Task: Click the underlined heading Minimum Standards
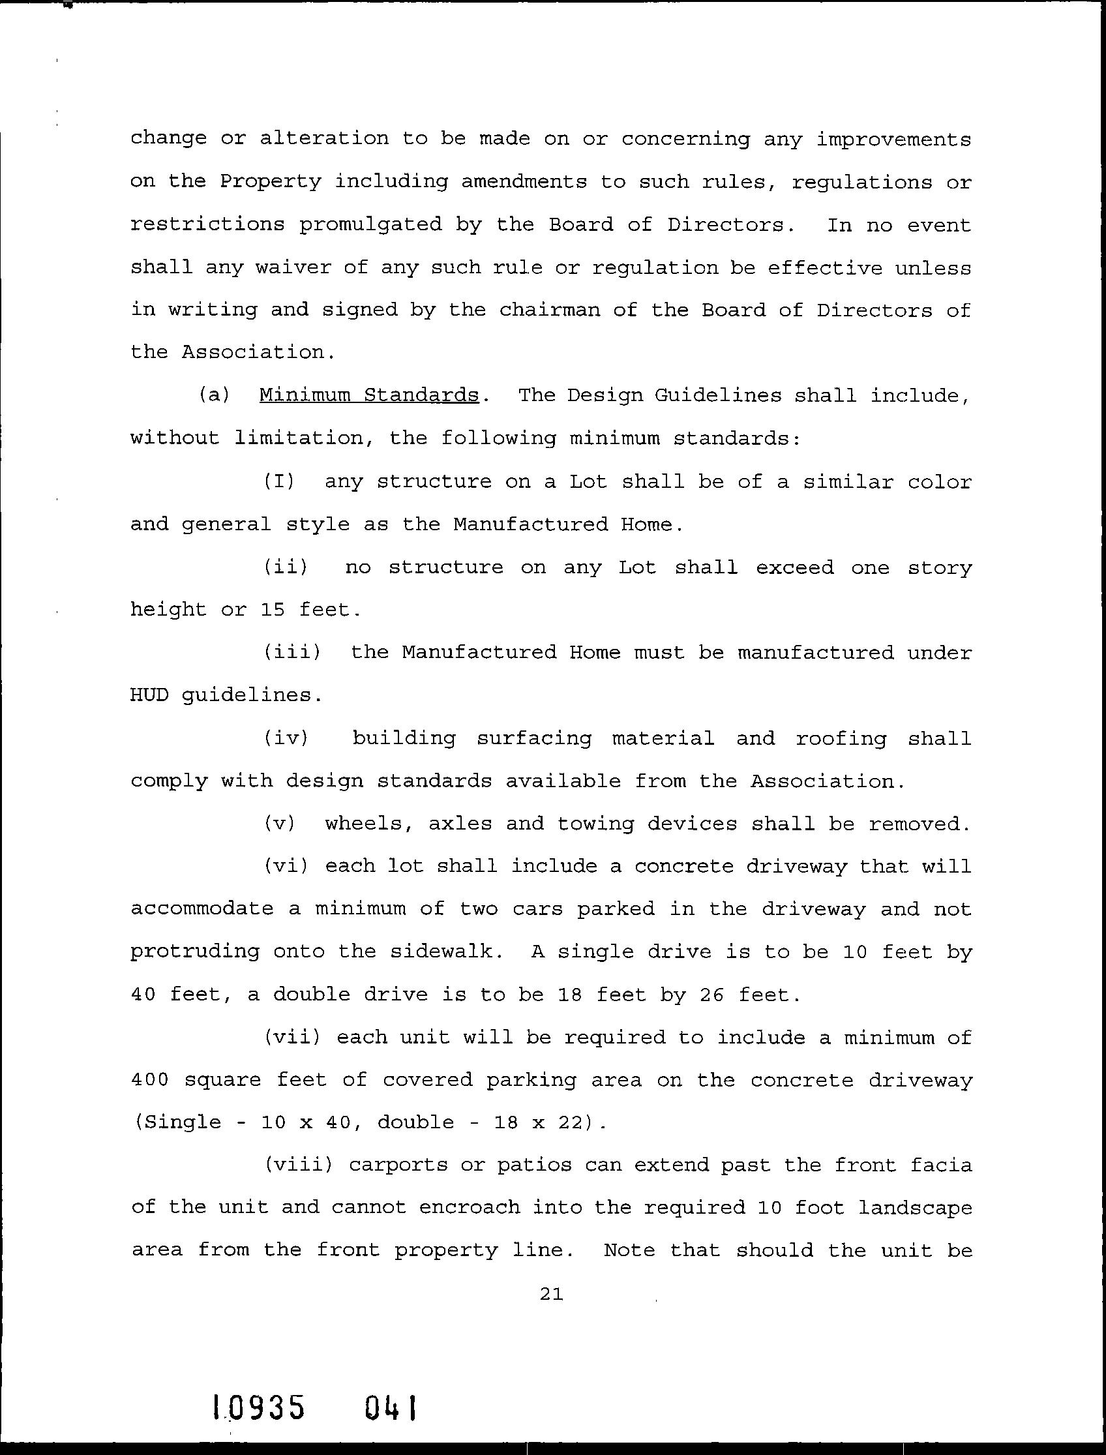click(x=368, y=395)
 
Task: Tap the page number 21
click(x=551, y=1295)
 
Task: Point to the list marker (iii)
click(x=292, y=652)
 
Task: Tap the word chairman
click(x=550, y=310)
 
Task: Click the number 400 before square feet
click(x=150, y=1080)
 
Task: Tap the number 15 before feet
click(x=273, y=610)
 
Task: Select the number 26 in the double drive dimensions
click(x=712, y=994)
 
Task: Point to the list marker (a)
click(x=215, y=395)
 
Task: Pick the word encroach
click(x=469, y=1208)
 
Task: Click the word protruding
click(x=195, y=952)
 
